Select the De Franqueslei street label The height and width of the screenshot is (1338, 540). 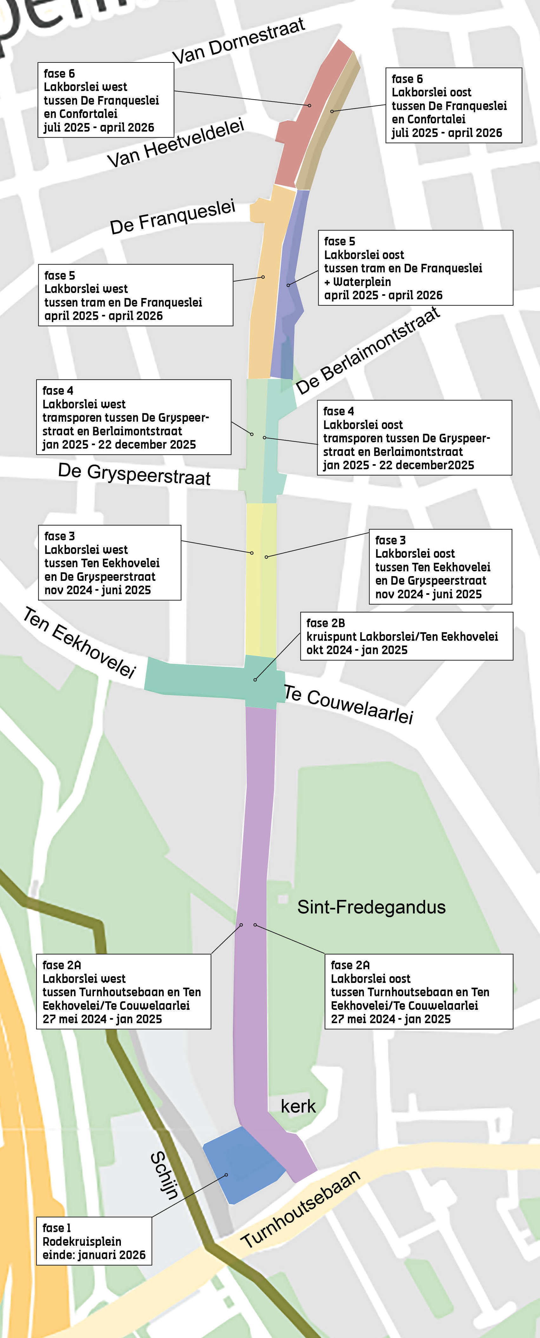coord(173,217)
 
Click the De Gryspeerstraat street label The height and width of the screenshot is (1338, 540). coord(134,474)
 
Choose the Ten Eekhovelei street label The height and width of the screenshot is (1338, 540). coord(79,642)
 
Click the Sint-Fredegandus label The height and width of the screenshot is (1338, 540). coord(371,907)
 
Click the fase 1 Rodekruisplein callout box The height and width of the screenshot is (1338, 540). coord(94,1241)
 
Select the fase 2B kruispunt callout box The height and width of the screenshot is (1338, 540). coord(406,636)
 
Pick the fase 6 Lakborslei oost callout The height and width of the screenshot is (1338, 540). coord(453,106)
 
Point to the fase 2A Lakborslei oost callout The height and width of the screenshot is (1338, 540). coord(418,991)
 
